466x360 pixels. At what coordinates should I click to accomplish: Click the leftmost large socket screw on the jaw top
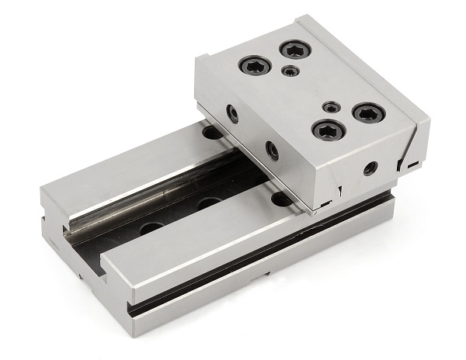(x=254, y=64)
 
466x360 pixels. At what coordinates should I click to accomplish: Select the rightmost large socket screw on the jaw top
(x=369, y=113)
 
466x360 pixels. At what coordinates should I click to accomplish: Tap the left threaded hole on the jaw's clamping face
(x=233, y=114)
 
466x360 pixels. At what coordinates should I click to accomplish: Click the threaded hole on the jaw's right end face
(x=370, y=168)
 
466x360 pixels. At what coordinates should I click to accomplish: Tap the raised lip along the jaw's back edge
(x=365, y=62)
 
